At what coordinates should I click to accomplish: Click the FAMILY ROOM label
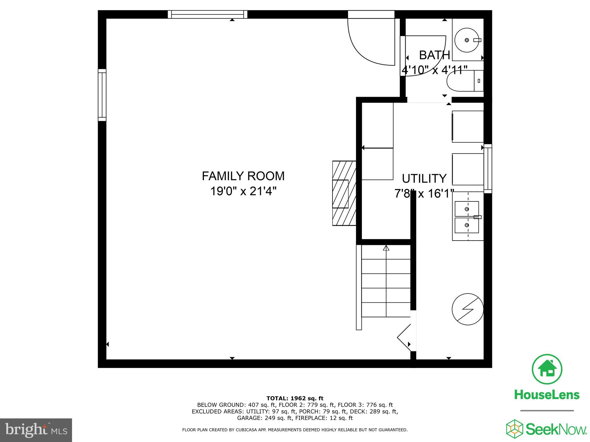(x=243, y=176)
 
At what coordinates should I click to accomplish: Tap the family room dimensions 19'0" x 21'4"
(x=243, y=191)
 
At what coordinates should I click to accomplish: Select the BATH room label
(x=434, y=55)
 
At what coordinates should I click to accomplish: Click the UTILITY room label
(x=424, y=179)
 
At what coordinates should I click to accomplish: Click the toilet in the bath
(x=465, y=81)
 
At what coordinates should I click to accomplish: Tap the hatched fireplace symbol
(x=344, y=193)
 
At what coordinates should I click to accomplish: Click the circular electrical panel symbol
(x=467, y=309)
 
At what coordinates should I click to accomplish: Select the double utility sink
(x=467, y=217)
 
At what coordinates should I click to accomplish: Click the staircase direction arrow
(x=386, y=248)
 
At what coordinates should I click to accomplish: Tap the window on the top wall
(x=207, y=14)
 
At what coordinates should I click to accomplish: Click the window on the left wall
(x=102, y=95)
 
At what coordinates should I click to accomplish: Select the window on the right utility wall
(x=487, y=169)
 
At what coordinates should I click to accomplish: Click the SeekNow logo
(x=546, y=429)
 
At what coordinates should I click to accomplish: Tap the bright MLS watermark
(x=36, y=430)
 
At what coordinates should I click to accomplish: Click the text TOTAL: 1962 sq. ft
(x=295, y=398)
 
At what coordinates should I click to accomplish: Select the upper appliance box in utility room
(x=467, y=127)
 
